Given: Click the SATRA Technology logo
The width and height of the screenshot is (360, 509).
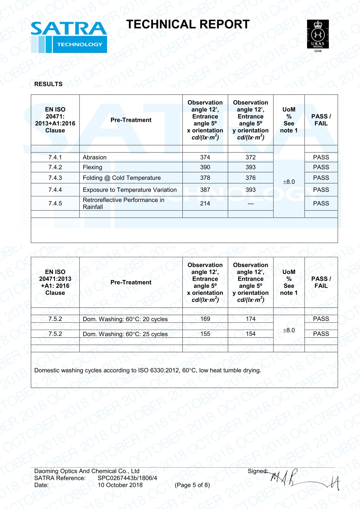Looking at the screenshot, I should tap(69, 37).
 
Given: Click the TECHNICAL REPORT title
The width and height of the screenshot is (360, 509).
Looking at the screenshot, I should tap(188, 24).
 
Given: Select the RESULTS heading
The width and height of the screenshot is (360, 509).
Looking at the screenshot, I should tap(48, 84).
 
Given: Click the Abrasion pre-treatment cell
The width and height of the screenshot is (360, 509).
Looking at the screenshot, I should tap(95, 157).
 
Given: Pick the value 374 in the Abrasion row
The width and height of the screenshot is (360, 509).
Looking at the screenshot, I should tap(205, 157).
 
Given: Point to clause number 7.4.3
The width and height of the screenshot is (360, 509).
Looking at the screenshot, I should tap(55, 178).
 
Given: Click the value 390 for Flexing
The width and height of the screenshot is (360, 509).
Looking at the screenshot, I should tap(205, 167).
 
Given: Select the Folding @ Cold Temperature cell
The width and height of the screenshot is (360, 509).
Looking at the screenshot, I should tap(122, 178).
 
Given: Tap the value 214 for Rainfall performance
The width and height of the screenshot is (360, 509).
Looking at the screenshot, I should tap(205, 204).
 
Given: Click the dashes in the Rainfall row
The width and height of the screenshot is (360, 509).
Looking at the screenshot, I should tap(250, 204).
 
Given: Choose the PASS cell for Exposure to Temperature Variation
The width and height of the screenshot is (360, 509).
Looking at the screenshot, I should tap(321, 190).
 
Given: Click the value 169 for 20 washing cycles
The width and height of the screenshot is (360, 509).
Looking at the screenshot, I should tap(205, 319).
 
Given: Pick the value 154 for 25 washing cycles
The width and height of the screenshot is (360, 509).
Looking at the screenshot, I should tap(250, 334).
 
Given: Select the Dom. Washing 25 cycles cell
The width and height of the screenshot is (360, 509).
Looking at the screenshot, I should tap(125, 334).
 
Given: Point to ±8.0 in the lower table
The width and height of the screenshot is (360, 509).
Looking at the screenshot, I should tap(289, 330).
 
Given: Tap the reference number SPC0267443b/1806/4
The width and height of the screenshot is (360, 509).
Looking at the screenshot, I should tap(127, 478).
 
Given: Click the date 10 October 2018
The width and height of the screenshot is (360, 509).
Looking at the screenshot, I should tap(120, 485).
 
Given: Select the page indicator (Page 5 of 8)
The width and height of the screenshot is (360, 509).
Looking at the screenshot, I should tap(192, 485).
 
